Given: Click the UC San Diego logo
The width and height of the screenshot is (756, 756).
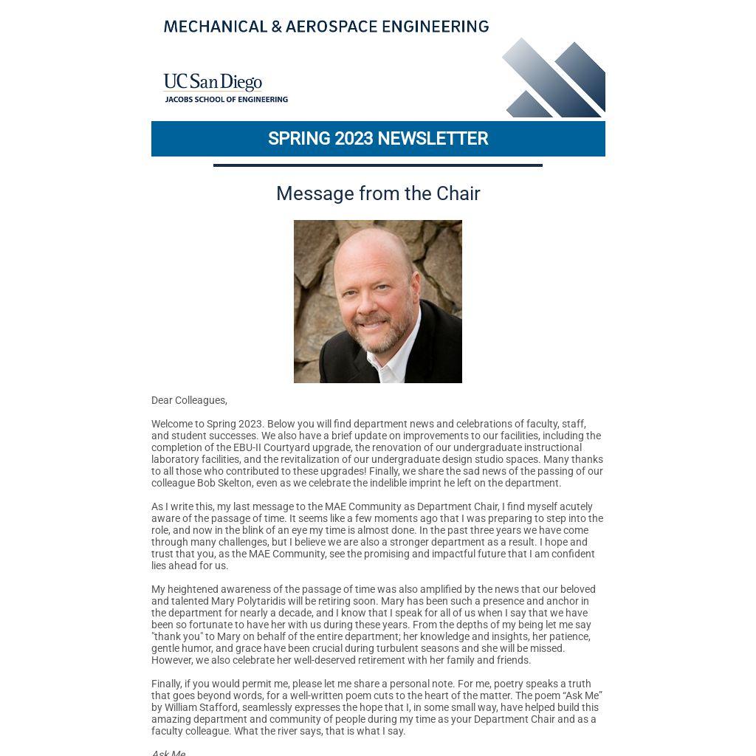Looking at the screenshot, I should pyautogui.click(x=213, y=82).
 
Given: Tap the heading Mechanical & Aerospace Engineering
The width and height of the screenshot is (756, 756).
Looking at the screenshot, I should pyautogui.click(x=326, y=27).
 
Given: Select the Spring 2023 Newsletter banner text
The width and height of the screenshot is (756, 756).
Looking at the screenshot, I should pyautogui.click(x=378, y=139).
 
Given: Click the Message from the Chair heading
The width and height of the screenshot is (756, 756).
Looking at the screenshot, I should pyautogui.click(x=378, y=193).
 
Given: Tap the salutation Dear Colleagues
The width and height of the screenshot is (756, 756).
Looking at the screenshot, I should pyautogui.click(x=189, y=400).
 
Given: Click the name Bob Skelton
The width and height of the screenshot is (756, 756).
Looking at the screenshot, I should pyautogui.click(x=224, y=483).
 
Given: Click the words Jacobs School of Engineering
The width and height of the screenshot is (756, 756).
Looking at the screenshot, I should pyautogui.click(x=226, y=99).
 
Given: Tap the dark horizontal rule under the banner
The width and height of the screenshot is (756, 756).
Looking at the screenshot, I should pyautogui.click(x=378, y=165).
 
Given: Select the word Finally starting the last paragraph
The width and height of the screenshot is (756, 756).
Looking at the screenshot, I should pyautogui.click(x=166, y=684).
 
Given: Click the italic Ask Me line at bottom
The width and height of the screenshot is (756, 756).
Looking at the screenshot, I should pyautogui.click(x=168, y=752).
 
